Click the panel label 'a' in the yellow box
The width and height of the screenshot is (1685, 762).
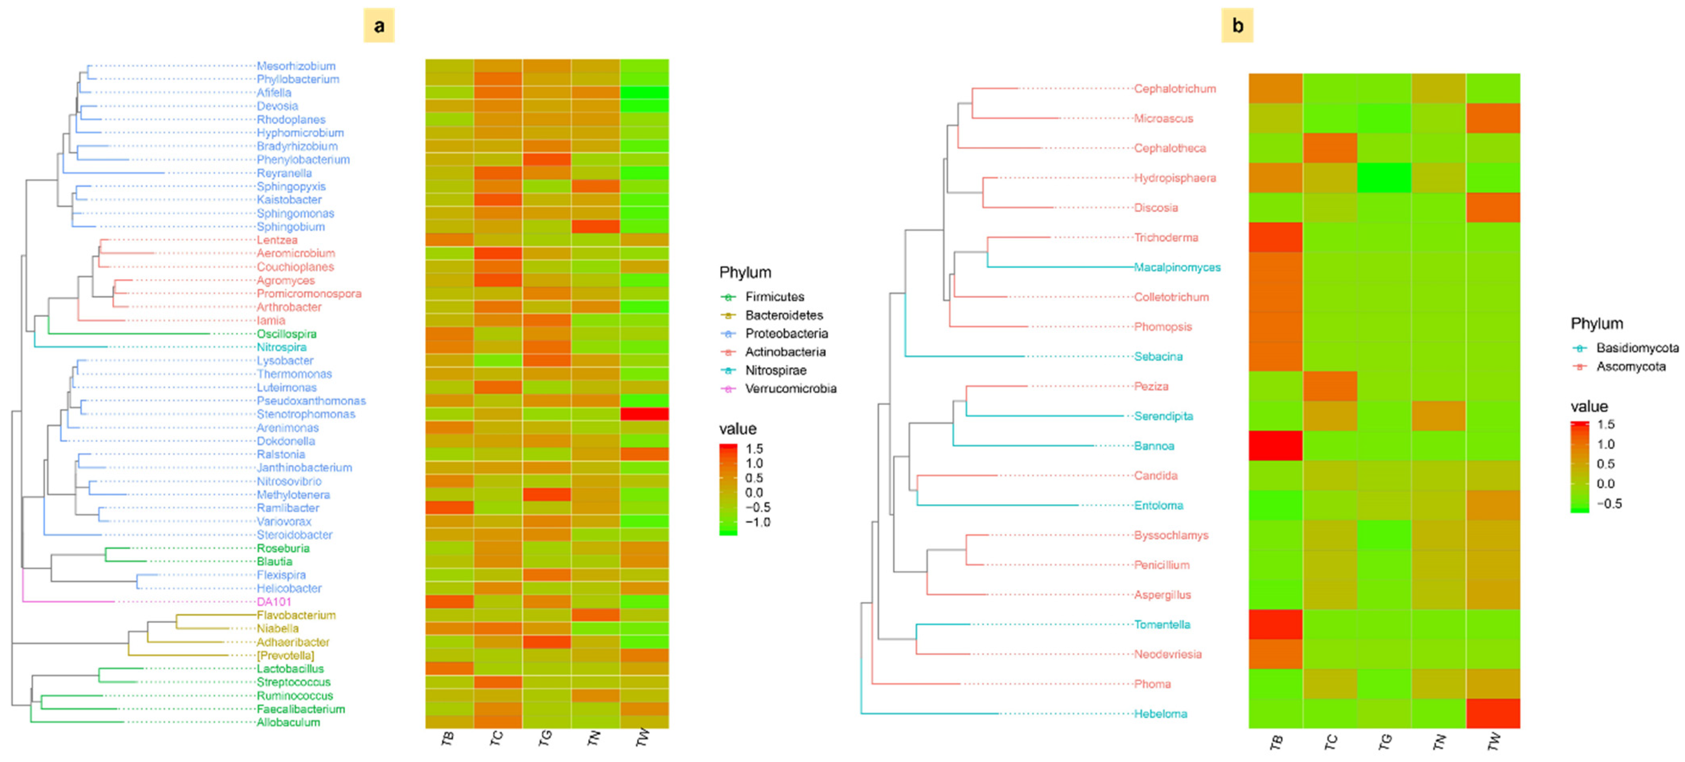click(379, 26)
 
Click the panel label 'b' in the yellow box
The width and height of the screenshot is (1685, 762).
click(1237, 26)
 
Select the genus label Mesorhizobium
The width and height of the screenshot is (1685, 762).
click(295, 66)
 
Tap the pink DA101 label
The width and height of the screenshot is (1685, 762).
click(274, 602)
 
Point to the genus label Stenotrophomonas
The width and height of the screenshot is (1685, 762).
click(305, 414)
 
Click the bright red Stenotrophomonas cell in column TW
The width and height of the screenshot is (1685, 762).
click(644, 414)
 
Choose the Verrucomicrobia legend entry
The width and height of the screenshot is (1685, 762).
click(790, 388)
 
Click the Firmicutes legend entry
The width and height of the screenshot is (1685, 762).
click(775, 297)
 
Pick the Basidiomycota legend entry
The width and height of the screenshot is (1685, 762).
click(1637, 348)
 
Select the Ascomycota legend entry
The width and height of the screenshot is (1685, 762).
click(1631, 366)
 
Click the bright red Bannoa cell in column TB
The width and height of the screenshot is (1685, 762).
click(1276, 446)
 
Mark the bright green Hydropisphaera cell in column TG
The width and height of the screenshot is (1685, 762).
click(1384, 178)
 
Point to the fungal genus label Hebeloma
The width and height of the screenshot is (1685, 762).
click(1160, 714)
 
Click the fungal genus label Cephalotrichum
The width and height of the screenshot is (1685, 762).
click(1175, 88)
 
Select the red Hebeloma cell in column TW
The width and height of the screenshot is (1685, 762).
click(1493, 714)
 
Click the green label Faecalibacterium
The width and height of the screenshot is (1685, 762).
click(300, 709)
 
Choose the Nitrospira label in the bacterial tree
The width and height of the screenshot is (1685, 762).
click(281, 347)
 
